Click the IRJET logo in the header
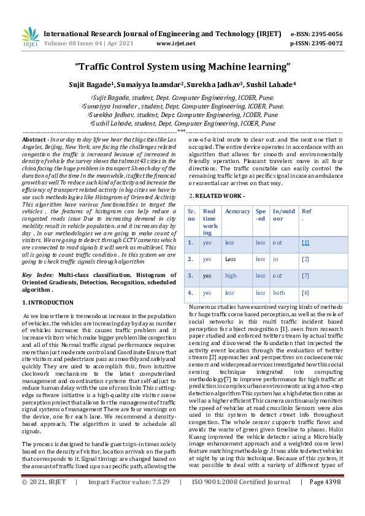pyautogui.click(x=30, y=38)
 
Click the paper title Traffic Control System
pyautogui.click(x=182, y=66)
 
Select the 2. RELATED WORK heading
pyautogui.click(x=217, y=178)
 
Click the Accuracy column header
pyautogui.click(x=237, y=211)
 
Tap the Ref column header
pyautogui.click(x=306, y=211)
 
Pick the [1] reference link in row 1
pyautogui.click(x=305, y=242)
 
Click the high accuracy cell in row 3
pyautogui.click(x=231, y=275)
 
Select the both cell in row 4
pyautogui.click(x=279, y=292)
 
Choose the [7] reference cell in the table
pyautogui.click(x=305, y=275)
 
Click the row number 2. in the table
pyautogui.click(x=190, y=259)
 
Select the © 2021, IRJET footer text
pyautogui.click(x=44, y=499)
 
